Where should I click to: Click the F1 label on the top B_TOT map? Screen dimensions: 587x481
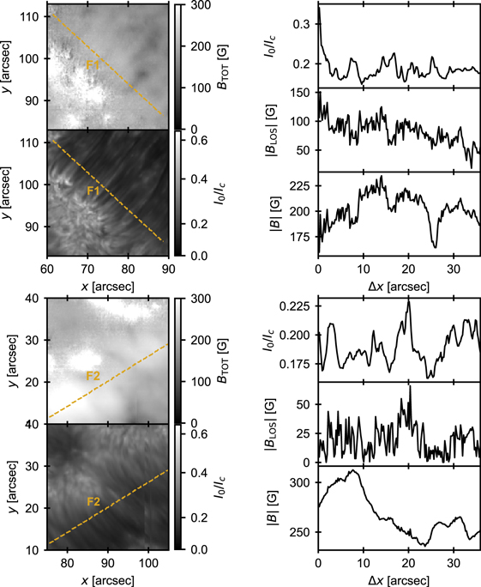(92, 64)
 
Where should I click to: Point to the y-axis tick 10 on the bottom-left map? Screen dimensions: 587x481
(34, 549)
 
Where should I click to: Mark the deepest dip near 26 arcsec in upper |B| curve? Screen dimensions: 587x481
(436, 247)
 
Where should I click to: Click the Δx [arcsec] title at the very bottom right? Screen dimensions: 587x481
(398, 578)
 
